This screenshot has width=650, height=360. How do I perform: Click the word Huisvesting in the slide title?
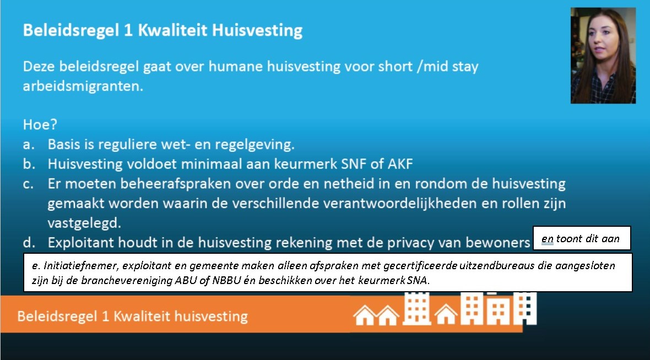pos(257,31)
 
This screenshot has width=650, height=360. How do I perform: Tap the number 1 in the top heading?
pos(128,30)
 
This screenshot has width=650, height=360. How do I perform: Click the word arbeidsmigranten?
pos(83,86)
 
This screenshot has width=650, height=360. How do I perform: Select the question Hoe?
pos(40,124)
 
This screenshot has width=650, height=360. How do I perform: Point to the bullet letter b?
pos(29,163)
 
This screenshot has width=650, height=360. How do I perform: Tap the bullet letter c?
pos(28,184)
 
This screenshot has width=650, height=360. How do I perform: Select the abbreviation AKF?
pos(400,164)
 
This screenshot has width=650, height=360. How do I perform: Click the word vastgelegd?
pos(84,223)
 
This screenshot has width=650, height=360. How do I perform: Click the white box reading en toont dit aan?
pos(582,238)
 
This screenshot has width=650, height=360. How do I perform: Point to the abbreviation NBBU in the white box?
pos(226,281)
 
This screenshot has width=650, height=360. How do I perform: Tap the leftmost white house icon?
pos(365,315)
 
